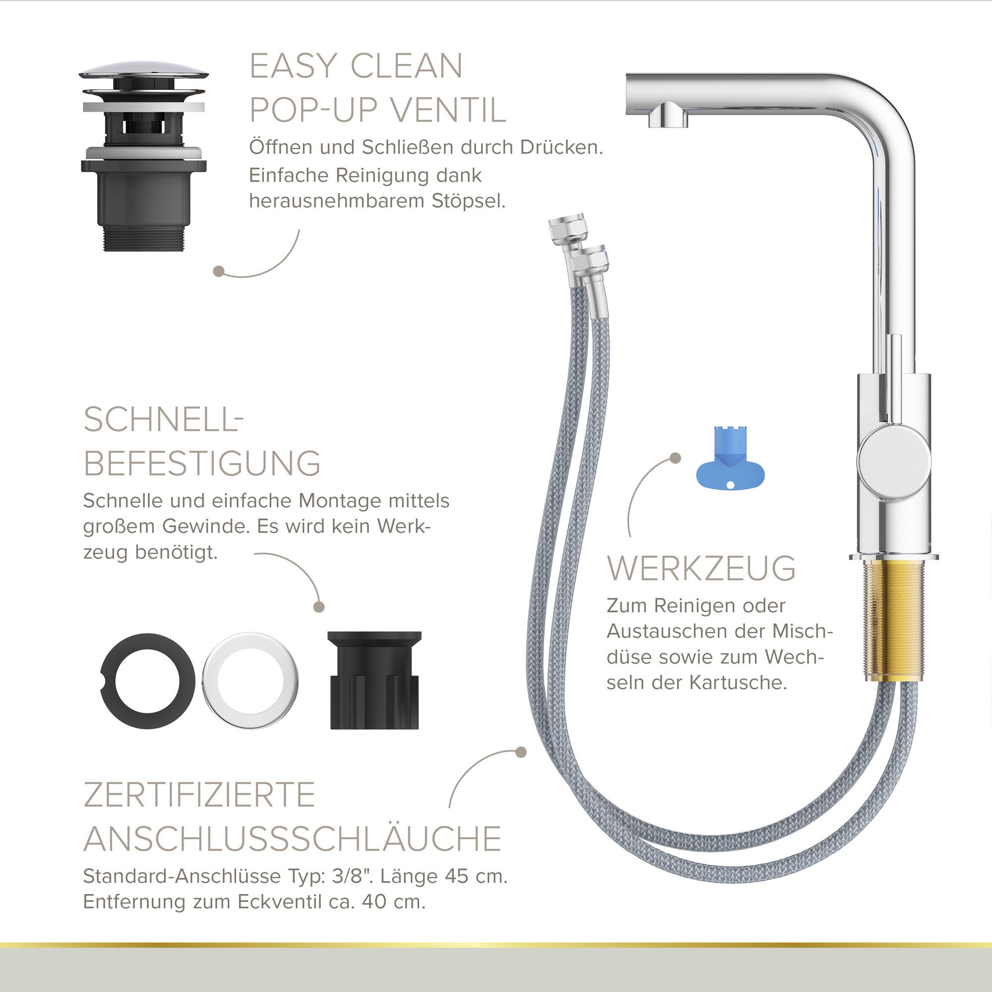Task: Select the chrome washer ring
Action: click(x=250, y=682)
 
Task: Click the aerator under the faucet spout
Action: click(x=668, y=116)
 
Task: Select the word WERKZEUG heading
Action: click(x=701, y=568)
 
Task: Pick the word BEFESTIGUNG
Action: click(x=202, y=464)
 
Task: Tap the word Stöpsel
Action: click(x=468, y=201)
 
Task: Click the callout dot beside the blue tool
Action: click(x=676, y=458)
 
